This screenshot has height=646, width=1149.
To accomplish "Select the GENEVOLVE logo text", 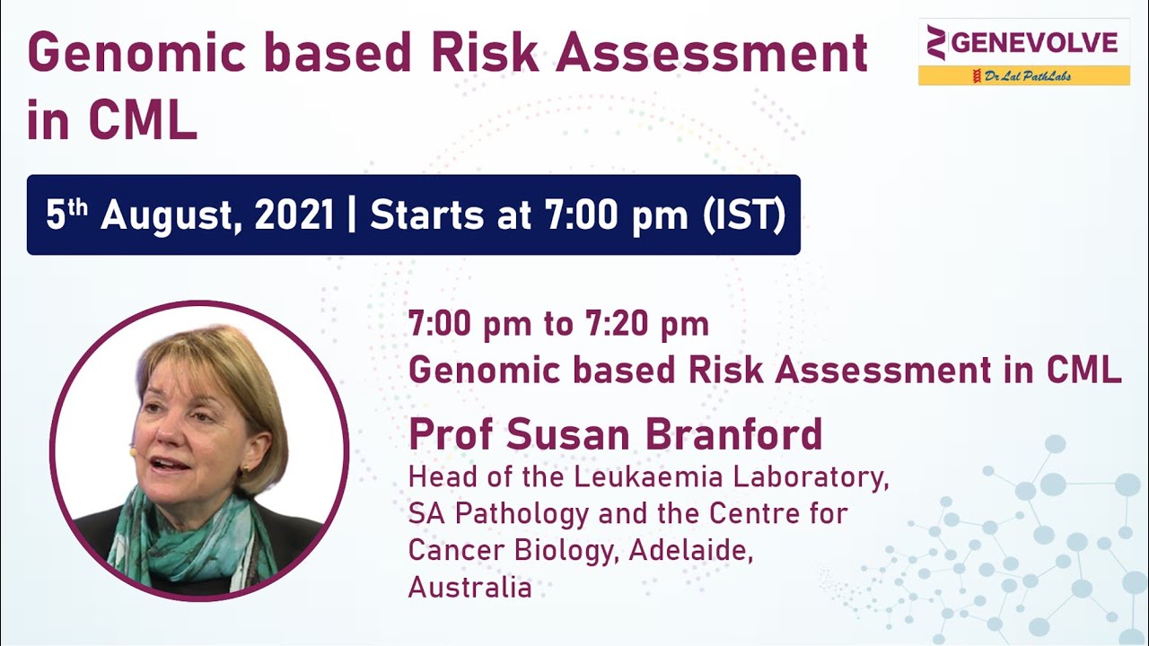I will point(1033,42).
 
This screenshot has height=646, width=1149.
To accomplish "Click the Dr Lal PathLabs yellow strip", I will point(1023,76).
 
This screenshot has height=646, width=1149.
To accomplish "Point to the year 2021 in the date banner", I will point(291,215).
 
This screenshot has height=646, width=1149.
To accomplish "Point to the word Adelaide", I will point(690,551).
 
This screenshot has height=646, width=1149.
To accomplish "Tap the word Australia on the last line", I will point(469,588).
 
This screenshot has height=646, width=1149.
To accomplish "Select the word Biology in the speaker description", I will point(570,551).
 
